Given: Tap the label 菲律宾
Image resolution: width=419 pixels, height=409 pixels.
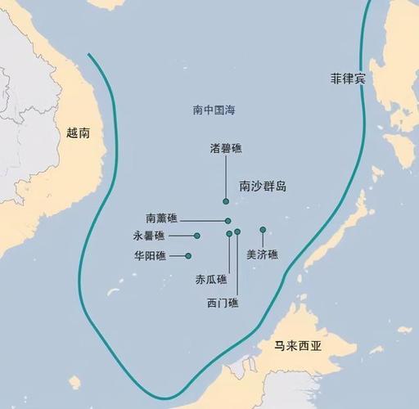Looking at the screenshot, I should point(347,79).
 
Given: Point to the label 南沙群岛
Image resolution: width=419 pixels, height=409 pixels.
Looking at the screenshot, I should point(263,187).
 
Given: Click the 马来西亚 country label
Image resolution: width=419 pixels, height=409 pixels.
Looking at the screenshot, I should point(297,346).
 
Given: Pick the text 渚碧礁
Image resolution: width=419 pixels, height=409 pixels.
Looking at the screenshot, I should point(226,148).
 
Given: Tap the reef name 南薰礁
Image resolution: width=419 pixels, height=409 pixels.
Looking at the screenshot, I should point(161,219).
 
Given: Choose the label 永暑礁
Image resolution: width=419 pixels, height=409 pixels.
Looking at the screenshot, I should point(149,236).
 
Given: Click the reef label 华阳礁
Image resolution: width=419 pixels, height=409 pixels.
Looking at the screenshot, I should point(150,256).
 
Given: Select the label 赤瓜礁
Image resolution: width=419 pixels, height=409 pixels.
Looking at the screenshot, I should point(211,279).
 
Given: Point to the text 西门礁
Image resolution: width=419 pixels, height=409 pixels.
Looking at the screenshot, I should point(223,303).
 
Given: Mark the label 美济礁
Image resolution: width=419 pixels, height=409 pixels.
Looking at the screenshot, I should point(262,254).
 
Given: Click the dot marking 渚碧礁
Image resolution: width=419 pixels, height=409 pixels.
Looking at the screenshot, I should point(226,201).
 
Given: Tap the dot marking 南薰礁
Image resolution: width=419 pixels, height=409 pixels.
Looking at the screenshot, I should point(228,221).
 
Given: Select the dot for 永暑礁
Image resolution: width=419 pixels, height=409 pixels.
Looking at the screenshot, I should point(197,236).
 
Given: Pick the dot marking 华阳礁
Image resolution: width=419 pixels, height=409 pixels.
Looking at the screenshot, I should point(188,256).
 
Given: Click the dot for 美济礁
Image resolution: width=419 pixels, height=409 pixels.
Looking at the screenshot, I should point(263,230).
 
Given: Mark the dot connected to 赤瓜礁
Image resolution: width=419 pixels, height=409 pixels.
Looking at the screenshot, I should point(229,234).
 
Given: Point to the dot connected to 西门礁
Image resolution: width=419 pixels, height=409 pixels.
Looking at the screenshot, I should point(237,232).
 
